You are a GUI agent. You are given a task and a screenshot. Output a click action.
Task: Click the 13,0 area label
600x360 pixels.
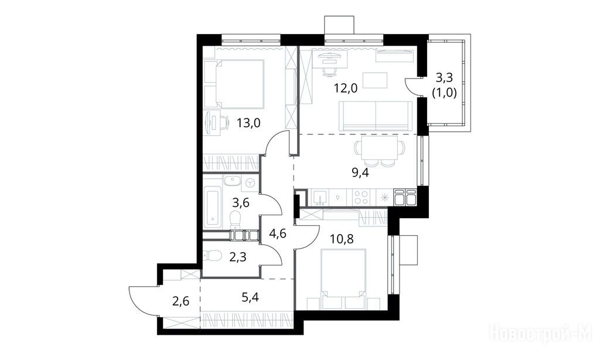(248, 123)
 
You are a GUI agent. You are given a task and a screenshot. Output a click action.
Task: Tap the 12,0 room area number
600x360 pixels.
(345, 89)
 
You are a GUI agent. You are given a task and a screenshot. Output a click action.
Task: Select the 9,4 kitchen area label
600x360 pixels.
(360, 173)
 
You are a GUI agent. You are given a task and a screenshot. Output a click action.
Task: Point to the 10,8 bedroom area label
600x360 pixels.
(342, 239)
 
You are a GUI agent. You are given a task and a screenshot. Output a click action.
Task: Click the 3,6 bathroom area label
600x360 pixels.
(241, 202)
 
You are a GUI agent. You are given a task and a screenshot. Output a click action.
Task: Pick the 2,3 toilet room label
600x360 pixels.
(238, 257)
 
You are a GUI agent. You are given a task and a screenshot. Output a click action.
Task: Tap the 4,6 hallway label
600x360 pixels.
(277, 233)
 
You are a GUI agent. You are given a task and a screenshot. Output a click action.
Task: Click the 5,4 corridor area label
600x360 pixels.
(250, 296)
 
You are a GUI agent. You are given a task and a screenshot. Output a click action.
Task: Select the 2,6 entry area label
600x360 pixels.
(180, 301)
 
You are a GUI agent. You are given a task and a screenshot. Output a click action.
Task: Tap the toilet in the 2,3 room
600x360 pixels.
(211, 254)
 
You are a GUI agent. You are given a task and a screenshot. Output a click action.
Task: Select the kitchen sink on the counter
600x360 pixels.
(319, 198)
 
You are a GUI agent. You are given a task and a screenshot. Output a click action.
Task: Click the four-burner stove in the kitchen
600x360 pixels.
(361, 198)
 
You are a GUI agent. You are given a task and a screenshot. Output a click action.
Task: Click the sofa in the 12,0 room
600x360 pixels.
(376, 116)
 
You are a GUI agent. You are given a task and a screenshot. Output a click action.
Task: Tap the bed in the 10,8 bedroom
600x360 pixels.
(343, 279)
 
